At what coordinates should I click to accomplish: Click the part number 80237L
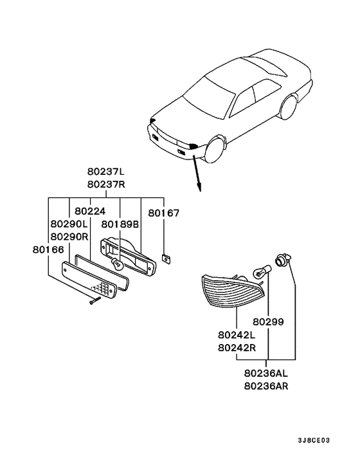pyautogui.click(x=105, y=172)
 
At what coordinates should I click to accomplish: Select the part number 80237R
pyautogui.click(x=106, y=185)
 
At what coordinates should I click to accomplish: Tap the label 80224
pyautogui.click(x=90, y=211)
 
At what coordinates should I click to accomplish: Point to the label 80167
pyautogui.click(x=164, y=213)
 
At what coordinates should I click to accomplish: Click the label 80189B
pyautogui.click(x=120, y=224)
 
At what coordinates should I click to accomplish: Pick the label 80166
pyautogui.click(x=48, y=250)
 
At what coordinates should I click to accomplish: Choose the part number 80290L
pyautogui.click(x=69, y=224)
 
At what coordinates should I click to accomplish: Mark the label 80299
pyautogui.click(x=268, y=322)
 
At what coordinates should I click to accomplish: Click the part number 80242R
pyautogui.click(x=237, y=347)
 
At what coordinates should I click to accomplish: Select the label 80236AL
pyautogui.click(x=266, y=373)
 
